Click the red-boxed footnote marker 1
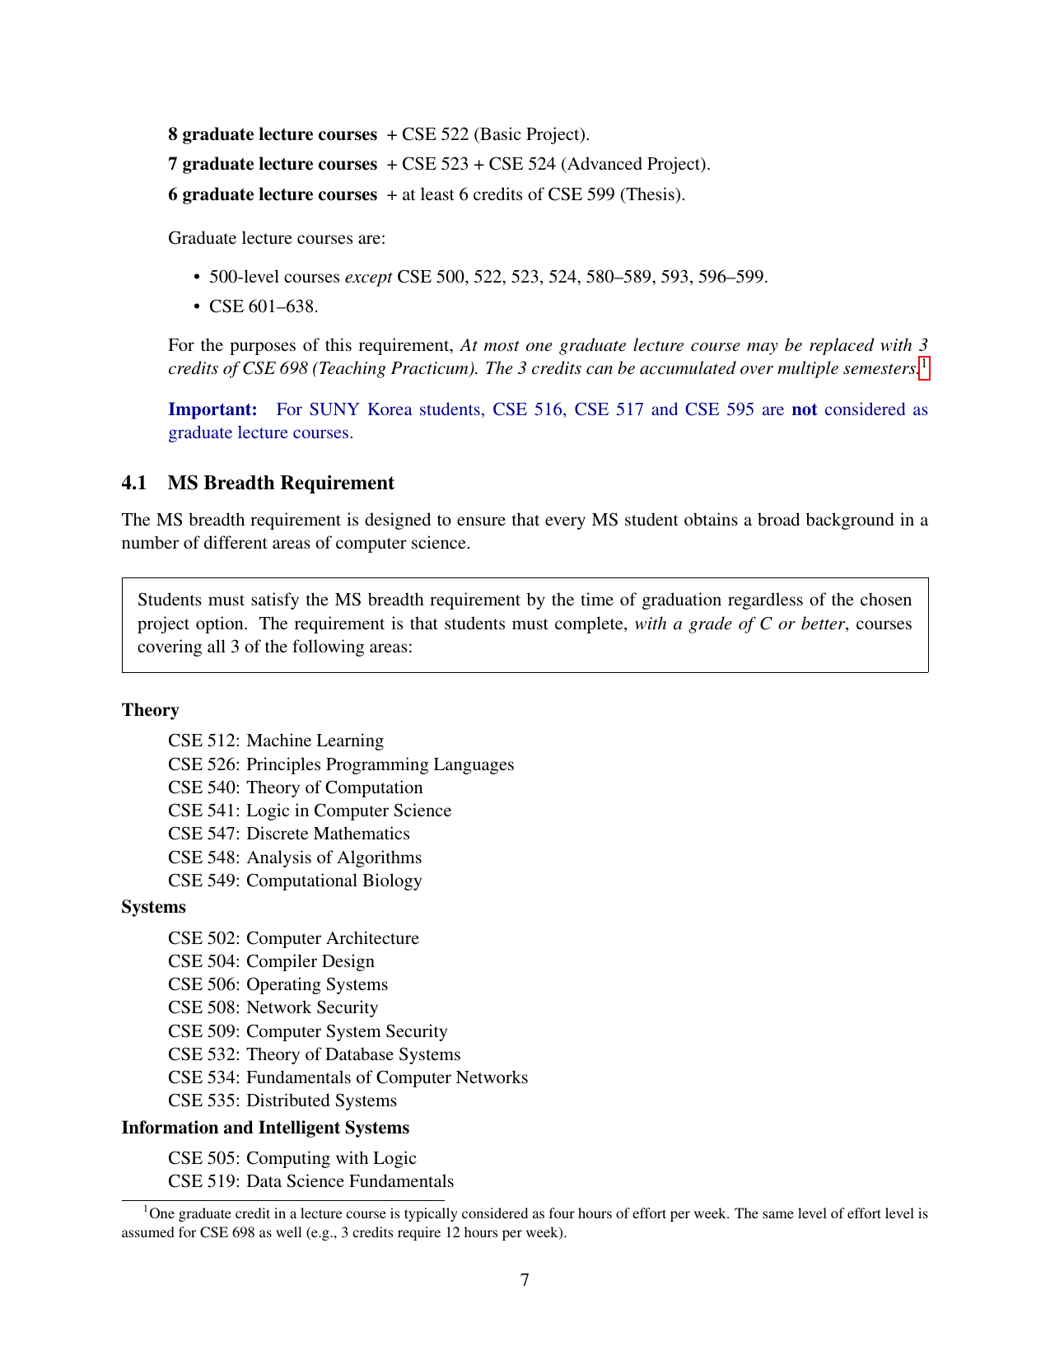924,365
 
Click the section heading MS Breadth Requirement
281,483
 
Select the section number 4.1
133,483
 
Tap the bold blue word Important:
212,409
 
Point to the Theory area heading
150,710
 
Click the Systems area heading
153,907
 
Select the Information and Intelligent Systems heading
265,1128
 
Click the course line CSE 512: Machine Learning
275,741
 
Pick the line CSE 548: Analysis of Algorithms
294,858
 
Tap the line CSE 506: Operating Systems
278,984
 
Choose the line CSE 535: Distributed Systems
282,1101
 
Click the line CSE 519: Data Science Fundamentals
310,1181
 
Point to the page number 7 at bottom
525,1280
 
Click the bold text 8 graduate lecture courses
272,134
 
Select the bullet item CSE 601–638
263,306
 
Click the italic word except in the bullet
367,277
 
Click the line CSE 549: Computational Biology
294,881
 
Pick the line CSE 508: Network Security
273,1007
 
